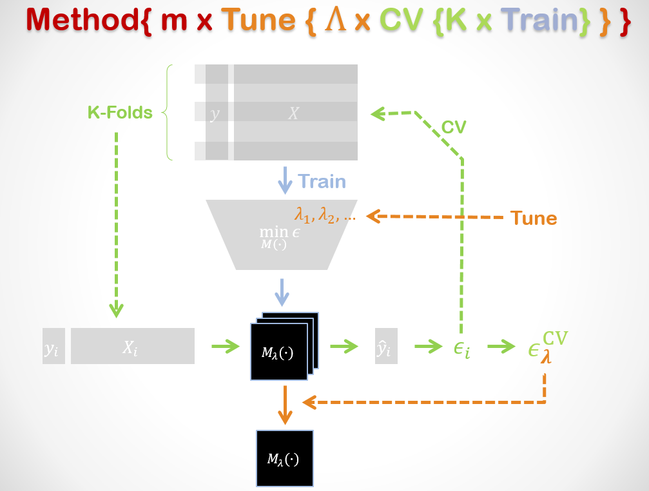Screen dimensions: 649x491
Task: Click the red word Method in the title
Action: point(82,19)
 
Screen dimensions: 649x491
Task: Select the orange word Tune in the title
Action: point(258,19)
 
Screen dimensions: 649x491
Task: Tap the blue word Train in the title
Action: point(539,19)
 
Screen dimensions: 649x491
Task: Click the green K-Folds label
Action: point(120,113)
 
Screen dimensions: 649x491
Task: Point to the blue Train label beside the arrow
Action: point(322,182)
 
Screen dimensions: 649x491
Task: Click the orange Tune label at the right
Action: point(534,218)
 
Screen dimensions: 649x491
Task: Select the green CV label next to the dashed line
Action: point(454,127)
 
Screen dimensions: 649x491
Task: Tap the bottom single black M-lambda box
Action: point(285,458)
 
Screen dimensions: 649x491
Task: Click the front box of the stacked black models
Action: point(279,352)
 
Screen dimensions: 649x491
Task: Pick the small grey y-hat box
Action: point(386,346)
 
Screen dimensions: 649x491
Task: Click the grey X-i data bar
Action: point(133,346)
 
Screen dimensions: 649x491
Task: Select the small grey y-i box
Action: point(53,346)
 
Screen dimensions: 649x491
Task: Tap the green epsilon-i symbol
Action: point(462,349)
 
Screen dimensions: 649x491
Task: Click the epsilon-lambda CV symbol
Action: point(548,347)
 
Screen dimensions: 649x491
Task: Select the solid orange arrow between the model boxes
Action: point(285,405)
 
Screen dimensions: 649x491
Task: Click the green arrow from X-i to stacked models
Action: point(226,346)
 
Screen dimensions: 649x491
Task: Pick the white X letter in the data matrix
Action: point(293,113)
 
